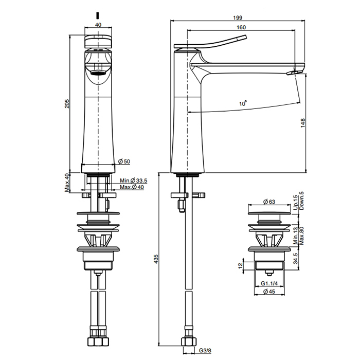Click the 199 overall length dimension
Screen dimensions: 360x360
238,17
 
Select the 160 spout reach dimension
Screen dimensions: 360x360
241,27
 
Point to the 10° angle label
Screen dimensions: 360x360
243,103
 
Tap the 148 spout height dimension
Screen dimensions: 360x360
303,123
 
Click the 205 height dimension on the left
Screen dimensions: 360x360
66,104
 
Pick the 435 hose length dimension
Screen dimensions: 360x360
156,259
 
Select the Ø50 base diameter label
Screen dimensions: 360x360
124,161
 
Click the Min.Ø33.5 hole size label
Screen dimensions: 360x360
133,181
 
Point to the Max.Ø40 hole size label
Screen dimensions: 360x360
132,187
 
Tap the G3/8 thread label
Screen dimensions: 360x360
205,351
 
